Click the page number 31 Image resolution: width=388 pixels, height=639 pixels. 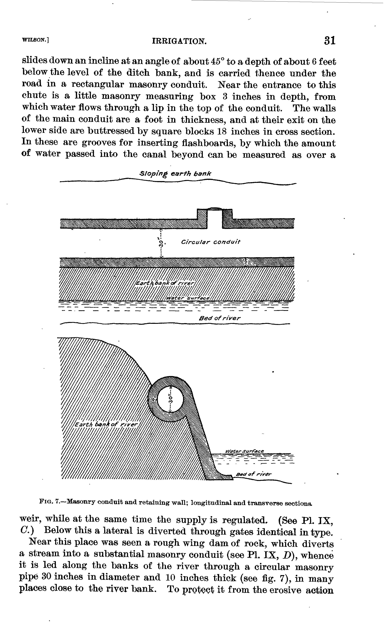(x=329, y=41)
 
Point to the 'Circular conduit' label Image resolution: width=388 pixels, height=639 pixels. (x=211, y=242)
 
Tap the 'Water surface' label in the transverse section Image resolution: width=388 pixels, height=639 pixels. (x=245, y=451)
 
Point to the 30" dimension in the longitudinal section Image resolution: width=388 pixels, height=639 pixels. (x=161, y=243)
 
